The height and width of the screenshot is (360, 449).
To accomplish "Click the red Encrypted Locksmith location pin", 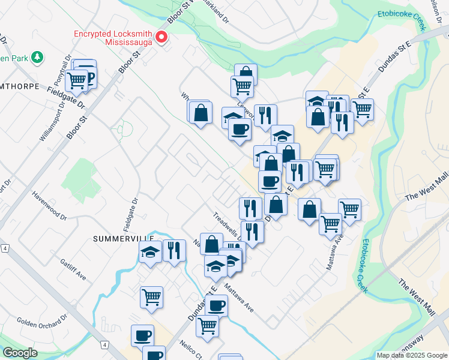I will point(161,38).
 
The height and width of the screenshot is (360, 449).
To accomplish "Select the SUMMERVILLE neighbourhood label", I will point(120,238).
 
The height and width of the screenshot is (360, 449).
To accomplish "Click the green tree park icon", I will point(38,57).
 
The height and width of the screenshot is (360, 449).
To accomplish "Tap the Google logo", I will point(20,353).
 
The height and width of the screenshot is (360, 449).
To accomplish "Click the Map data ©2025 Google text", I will point(411,355).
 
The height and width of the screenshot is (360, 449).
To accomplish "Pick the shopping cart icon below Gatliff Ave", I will point(152,296).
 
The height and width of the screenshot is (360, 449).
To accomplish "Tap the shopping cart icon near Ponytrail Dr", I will point(77,80).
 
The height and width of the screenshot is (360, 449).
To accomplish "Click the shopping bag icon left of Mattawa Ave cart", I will point(309,209).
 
